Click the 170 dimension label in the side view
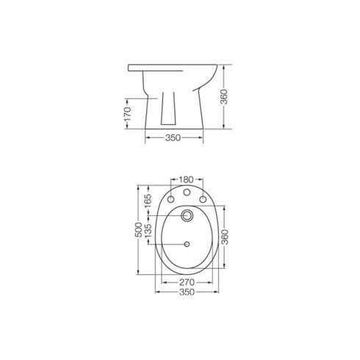tap(127, 113)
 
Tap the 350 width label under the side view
tap(173, 138)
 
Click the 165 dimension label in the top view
tap(148, 204)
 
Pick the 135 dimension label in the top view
tap(148, 232)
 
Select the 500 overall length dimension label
tap(137, 231)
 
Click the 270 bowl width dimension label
tap(187, 281)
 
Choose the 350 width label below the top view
tap(186, 292)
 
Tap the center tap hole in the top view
tap(186, 193)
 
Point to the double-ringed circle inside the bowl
tap(186, 215)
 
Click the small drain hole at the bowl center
tap(186, 243)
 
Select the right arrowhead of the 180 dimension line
tap(201, 179)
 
